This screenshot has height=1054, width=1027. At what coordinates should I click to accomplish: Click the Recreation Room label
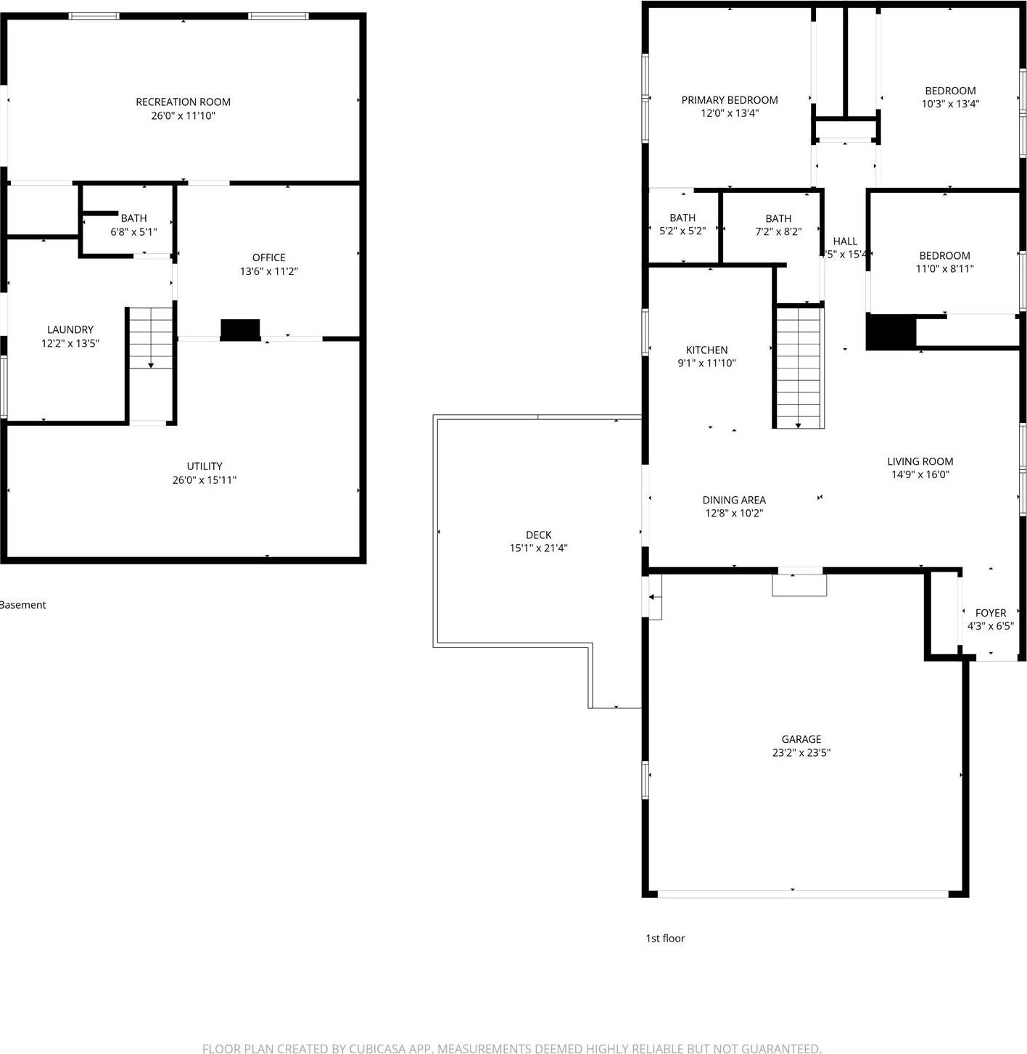183,102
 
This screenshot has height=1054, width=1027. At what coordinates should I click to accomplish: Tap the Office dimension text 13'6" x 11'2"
269,271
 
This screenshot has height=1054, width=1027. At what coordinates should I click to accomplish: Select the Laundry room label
70,329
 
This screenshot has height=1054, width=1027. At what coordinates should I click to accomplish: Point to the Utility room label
205,466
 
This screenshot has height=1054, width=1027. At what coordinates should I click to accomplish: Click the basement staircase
151,338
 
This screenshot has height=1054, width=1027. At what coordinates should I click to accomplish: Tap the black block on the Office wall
240,329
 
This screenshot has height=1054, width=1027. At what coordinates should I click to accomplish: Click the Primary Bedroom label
730,100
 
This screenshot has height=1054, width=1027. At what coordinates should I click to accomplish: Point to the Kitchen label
706,350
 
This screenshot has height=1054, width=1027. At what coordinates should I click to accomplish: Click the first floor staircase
799,367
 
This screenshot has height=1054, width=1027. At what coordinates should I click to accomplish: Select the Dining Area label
734,500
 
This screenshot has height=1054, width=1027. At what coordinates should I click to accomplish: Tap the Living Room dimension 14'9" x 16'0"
920,474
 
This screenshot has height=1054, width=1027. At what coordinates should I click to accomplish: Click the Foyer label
990,613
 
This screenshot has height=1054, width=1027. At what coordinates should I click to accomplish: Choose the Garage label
801,739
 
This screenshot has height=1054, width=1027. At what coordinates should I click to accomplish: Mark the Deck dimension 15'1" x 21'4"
538,548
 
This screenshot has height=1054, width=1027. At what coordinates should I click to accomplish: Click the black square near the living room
891,332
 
